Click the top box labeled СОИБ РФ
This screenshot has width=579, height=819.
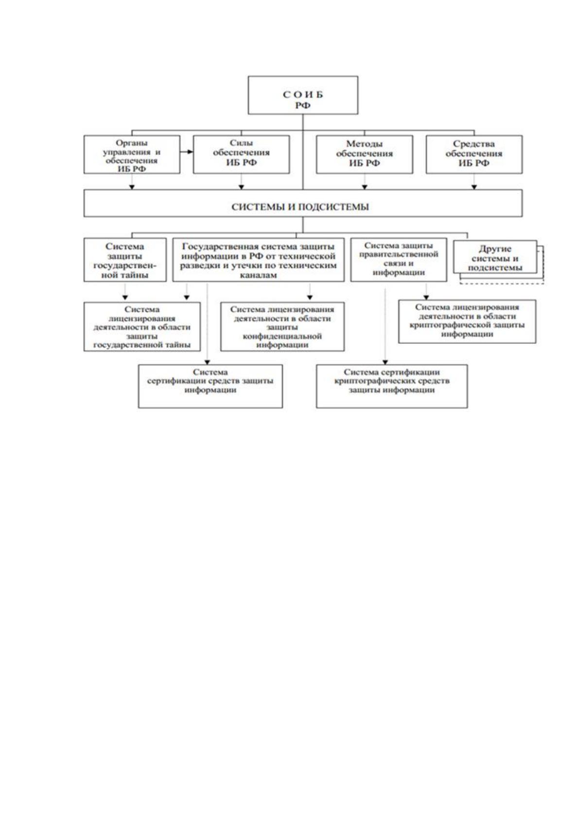click(x=303, y=95)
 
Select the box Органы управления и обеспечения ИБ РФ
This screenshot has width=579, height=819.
click(x=132, y=154)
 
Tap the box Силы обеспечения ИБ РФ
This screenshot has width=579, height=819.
click(x=241, y=154)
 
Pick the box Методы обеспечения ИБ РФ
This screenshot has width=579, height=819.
click(x=365, y=154)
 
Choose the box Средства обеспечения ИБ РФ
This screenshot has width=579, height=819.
click(x=474, y=154)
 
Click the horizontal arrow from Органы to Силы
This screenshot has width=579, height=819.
click(x=186, y=152)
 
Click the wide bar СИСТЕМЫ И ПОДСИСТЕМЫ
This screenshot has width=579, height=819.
click(x=303, y=203)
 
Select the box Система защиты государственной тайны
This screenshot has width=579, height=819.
click(x=125, y=260)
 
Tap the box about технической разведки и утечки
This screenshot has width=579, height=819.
click(x=259, y=260)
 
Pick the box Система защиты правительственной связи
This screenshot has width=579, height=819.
click(x=399, y=260)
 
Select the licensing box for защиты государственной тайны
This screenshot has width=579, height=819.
click(x=142, y=326)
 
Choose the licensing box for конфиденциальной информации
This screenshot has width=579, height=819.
click(x=282, y=326)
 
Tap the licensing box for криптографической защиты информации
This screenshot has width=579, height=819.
click(x=467, y=321)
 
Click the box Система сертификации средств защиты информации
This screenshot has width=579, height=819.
click(x=210, y=386)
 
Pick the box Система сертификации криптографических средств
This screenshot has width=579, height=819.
click(x=392, y=386)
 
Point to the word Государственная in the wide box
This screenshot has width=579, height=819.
click(x=215, y=247)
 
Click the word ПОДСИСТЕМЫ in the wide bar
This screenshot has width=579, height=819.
click(x=333, y=207)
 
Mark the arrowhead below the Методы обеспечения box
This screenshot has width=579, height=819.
click(x=365, y=187)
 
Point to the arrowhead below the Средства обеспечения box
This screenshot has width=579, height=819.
click(x=474, y=187)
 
